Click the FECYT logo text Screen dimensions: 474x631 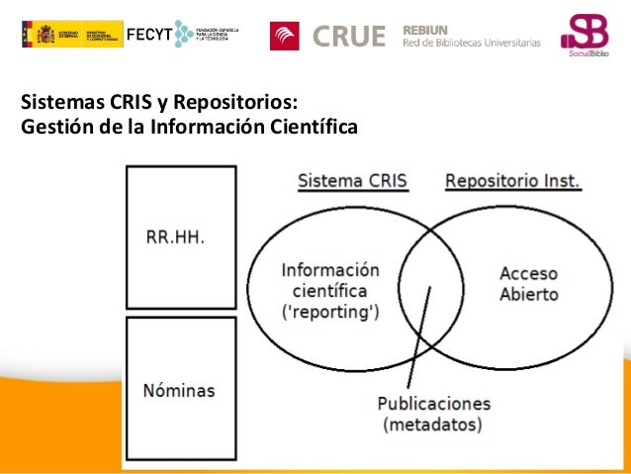point(148,35)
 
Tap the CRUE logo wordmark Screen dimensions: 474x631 point(349,37)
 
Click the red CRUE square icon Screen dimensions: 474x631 point(285,36)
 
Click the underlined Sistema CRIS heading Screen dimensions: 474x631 point(352,182)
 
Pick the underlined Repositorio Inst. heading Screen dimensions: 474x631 point(512,182)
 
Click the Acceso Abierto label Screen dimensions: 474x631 point(528,284)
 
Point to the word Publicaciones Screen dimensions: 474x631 point(434,404)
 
